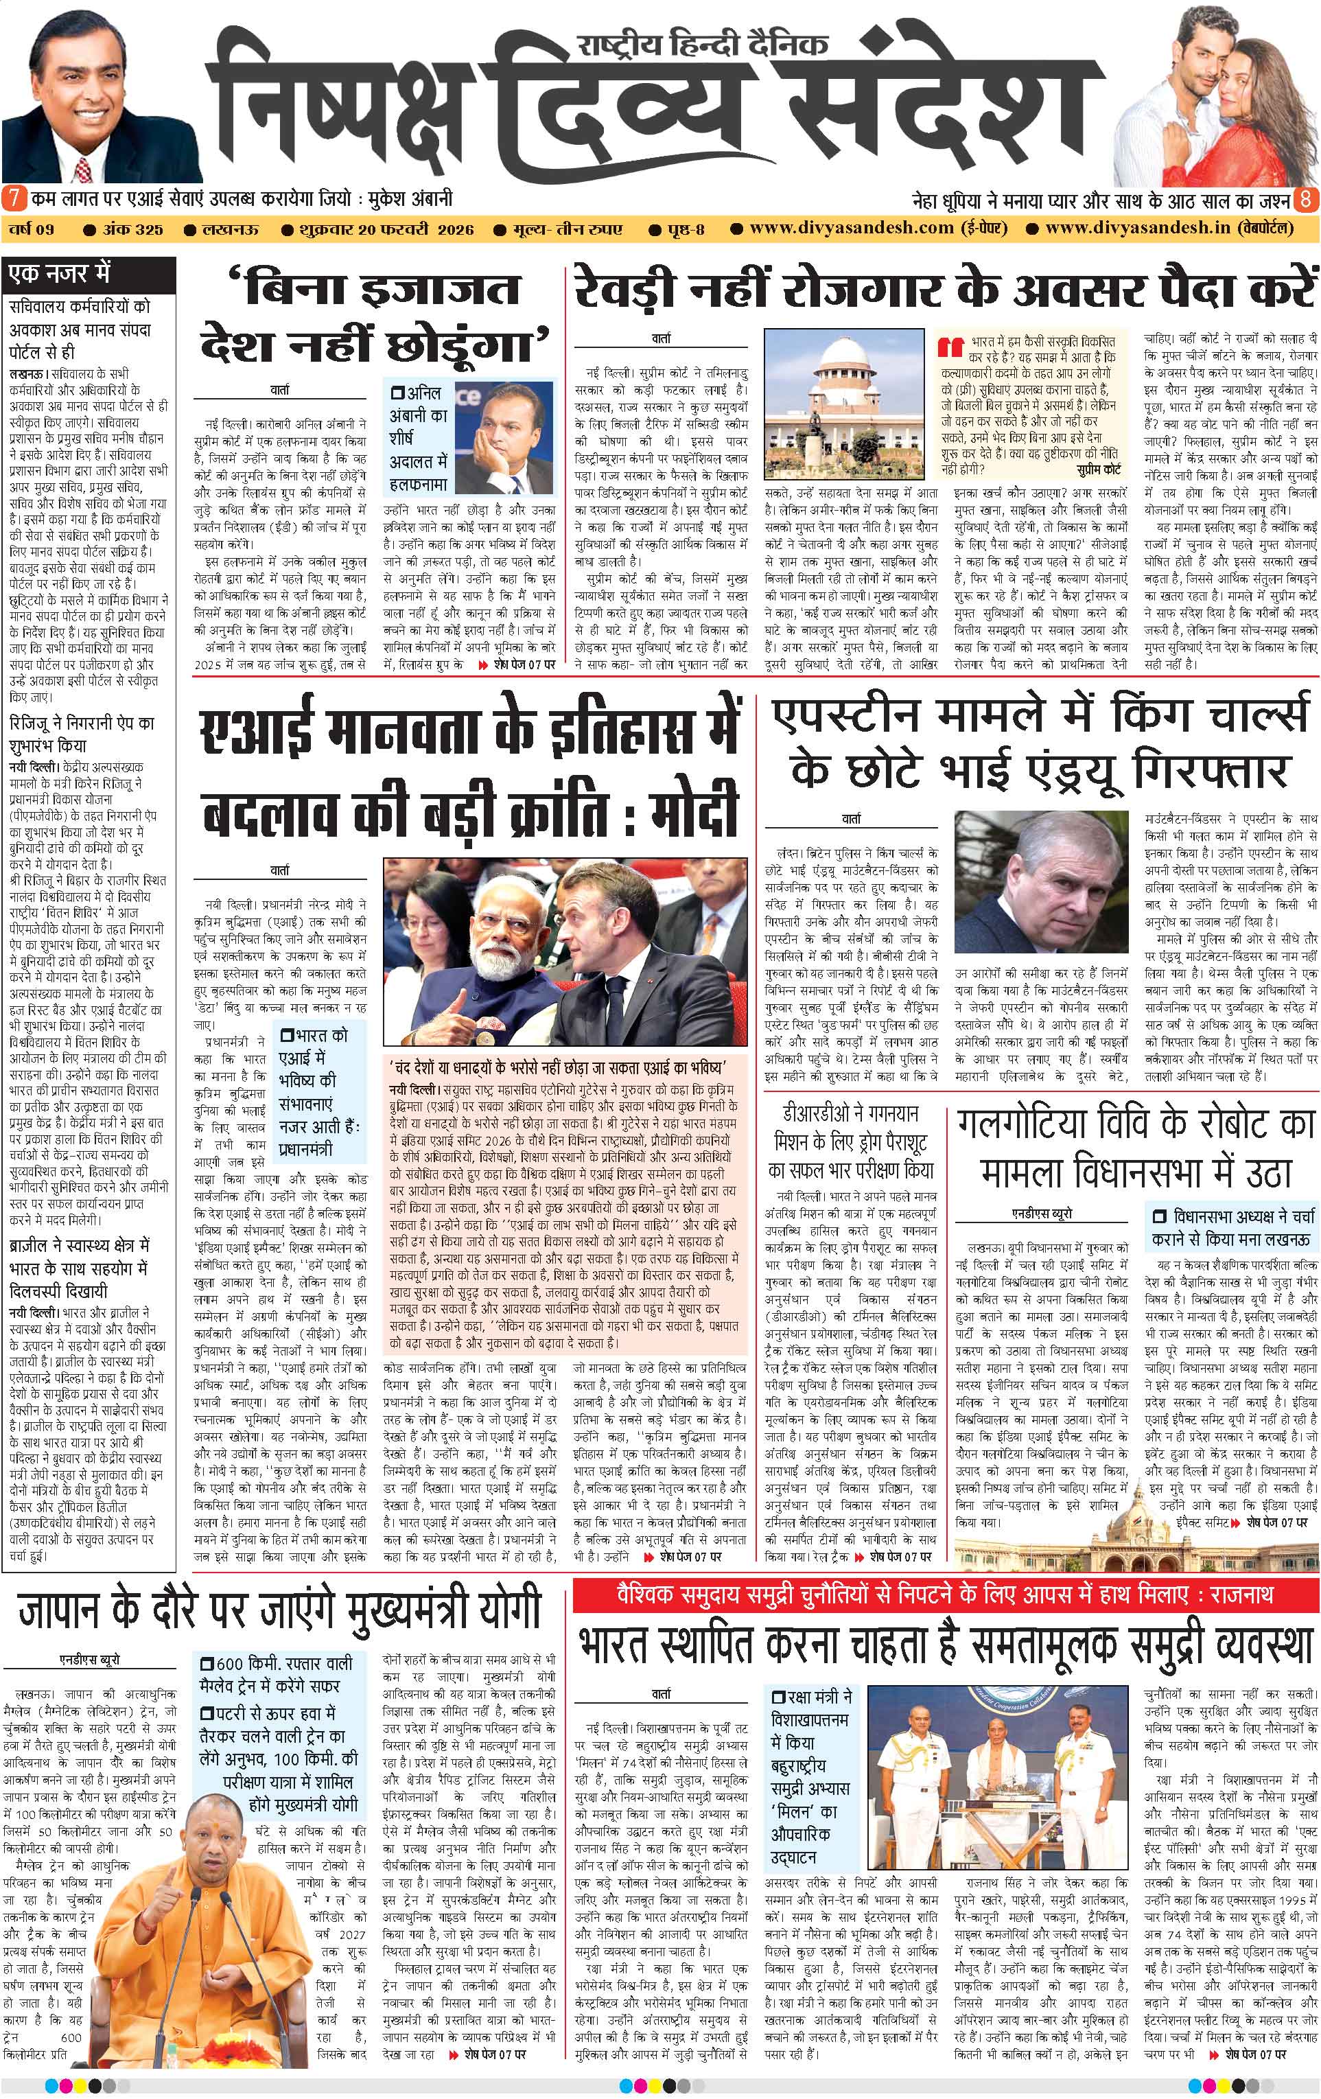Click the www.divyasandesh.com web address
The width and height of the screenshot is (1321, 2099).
[x=852, y=229]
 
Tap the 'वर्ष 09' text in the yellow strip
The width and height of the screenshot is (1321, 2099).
[x=33, y=229]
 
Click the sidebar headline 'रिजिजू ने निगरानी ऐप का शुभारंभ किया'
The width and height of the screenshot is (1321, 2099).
[x=81, y=734]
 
